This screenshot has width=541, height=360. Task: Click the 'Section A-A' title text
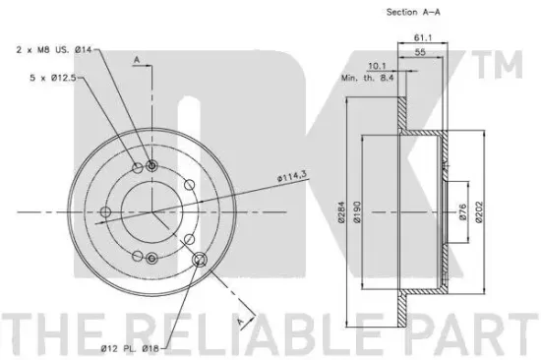(x=413, y=12)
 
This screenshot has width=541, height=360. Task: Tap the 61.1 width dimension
(x=423, y=37)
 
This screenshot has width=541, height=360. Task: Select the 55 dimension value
(x=420, y=52)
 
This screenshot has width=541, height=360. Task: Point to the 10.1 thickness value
(x=377, y=66)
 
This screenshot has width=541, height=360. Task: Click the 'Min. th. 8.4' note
(x=368, y=78)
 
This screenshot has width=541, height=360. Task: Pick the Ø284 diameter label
(x=341, y=211)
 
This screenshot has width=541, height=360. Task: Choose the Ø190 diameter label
(x=357, y=211)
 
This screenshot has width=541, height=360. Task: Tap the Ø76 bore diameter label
(x=462, y=211)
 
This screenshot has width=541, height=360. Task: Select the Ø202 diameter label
(x=480, y=211)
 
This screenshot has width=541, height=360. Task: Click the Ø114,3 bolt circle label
(x=291, y=177)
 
